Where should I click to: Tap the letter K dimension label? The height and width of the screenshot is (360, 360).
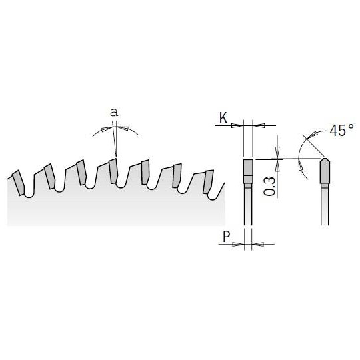coord(223,119)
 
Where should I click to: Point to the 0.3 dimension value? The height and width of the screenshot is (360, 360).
coord(269,183)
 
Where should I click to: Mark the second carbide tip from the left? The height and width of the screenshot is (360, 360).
coord(51,177)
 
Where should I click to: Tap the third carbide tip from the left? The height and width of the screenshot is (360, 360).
coord(81,172)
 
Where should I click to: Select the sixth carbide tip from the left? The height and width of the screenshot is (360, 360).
coord(177,176)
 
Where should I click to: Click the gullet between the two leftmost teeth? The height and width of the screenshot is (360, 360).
coord(33,189)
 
